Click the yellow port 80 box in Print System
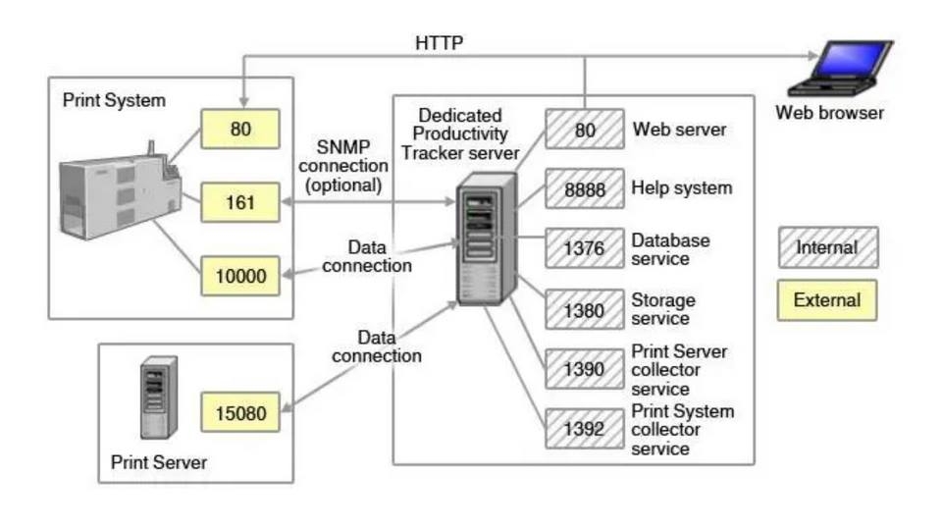(240, 129)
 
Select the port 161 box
(240, 203)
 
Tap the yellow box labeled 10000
(240, 276)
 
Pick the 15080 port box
(240, 413)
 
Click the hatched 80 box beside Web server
(585, 130)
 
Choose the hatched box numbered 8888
(585, 188)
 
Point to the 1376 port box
(585, 249)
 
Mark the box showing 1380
(585, 309)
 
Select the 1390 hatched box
(585, 369)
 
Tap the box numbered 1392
(585, 429)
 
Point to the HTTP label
(439, 43)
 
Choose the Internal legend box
(826, 247)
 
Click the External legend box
(826, 300)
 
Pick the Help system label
(682, 187)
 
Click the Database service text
(671, 249)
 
